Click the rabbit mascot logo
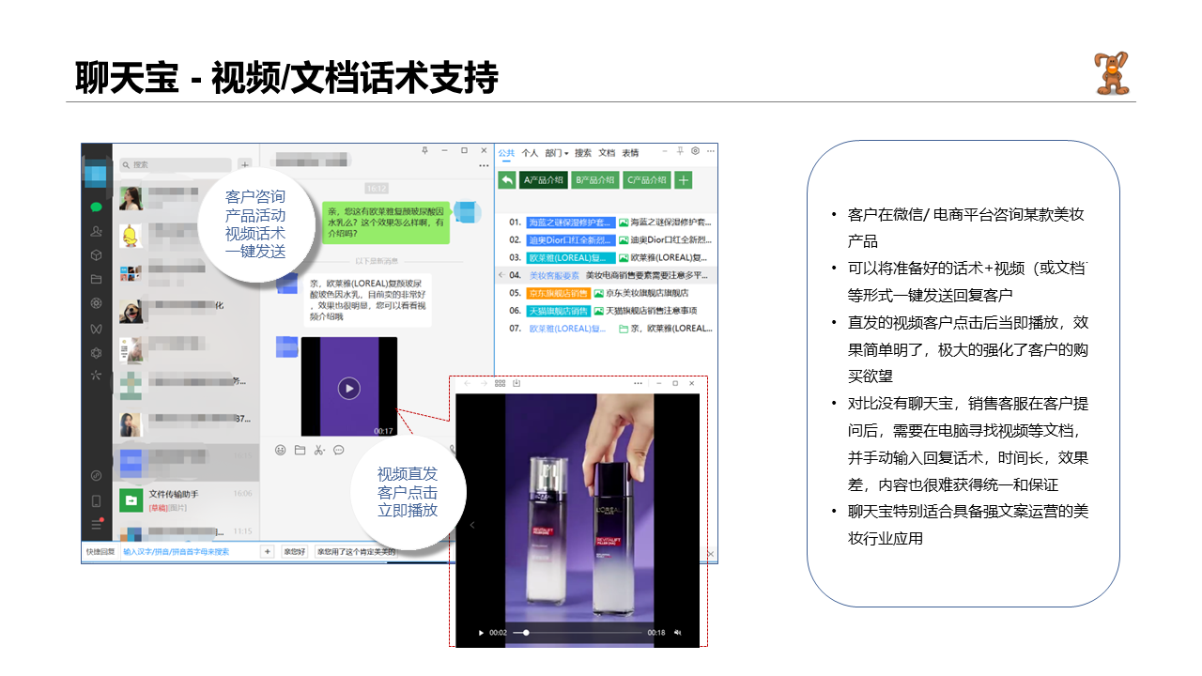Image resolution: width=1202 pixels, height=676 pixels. (1111, 73)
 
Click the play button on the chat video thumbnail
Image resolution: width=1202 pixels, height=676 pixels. (348, 388)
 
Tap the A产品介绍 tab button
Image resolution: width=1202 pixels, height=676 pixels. (543, 180)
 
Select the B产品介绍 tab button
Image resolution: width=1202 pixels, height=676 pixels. (594, 180)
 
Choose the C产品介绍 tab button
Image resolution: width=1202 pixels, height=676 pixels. (646, 180)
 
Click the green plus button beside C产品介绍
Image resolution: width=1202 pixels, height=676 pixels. (684, 180)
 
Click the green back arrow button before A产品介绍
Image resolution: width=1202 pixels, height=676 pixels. (506, 180)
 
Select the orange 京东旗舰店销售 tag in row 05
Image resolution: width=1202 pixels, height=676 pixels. (558, 293)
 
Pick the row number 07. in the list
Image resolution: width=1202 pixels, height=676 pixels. (515, 329)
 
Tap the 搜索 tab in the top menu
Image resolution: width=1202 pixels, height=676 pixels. (583, 153)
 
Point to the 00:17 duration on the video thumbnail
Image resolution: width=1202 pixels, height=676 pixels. (383, 431)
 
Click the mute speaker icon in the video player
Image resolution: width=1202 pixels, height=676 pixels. (677, 633)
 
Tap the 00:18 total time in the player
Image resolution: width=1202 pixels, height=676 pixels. (656, 633)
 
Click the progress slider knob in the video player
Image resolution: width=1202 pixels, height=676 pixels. (526, 633)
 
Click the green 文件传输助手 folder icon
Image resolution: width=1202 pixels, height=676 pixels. (131, 499)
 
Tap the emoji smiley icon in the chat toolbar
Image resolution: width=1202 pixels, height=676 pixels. (280, 451)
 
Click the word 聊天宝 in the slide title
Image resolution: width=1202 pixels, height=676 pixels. (127, 78)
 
